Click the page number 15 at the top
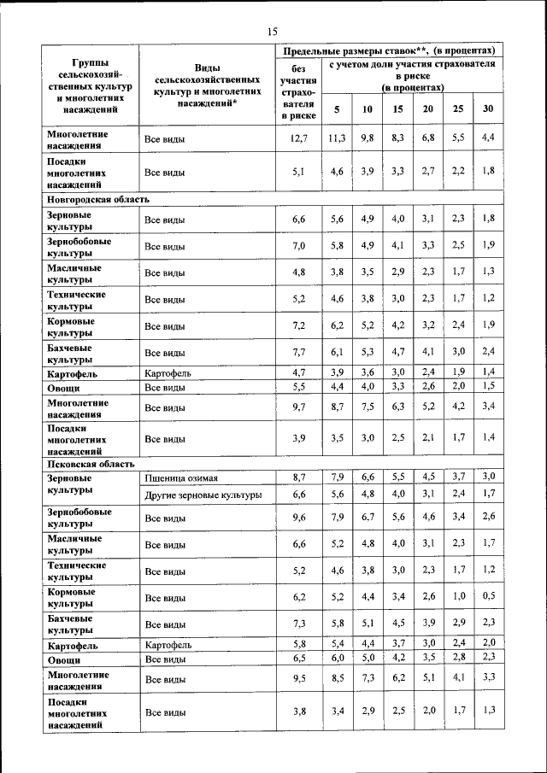(x=273, y=32)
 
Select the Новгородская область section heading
(x=98, y=198)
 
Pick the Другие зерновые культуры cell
(x=203, y=495)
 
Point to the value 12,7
(x=298, y=138)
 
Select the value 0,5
(x=487, y=595)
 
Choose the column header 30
(x=487, y=108)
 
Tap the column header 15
(x=397, y=108)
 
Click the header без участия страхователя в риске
(x=298, y=91)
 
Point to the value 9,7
(x=298, y=407)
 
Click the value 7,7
(x=298, y=351)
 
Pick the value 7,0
(x=298, y=246)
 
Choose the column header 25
(x=458, y=108)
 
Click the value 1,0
(x=458, y=595)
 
